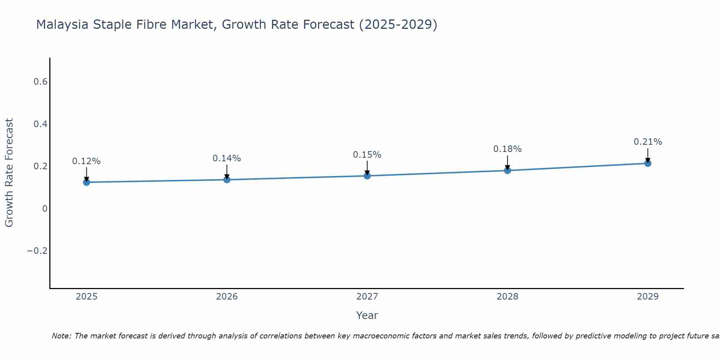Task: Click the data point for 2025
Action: [x=86, y=182]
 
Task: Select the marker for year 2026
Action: [x=227, y=179]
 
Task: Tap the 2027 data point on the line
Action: [x=367, y=176]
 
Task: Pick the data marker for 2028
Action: [x=507, y=170]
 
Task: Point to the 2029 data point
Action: [x=648, y=163]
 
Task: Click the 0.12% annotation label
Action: [x=86, y=161]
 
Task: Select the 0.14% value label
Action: [x=227, y=158]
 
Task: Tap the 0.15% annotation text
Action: [x=367, y=155]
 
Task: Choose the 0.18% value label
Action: [x=507, y=149]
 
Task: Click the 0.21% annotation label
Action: [x=648, y=142]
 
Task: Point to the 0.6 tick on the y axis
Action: [x=40, y=82]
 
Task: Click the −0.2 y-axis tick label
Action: [x=37, y=251]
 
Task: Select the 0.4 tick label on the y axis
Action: [x=40, y=124]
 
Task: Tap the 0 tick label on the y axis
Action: [x=45, y=209]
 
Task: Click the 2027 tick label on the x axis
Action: [x=367, y=297]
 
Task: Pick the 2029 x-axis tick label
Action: [x=648, y=297]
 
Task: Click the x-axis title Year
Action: [x=367, y=315]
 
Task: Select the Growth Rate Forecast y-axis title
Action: [x=9, y=173]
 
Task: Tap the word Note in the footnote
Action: [x=61, y=336]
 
